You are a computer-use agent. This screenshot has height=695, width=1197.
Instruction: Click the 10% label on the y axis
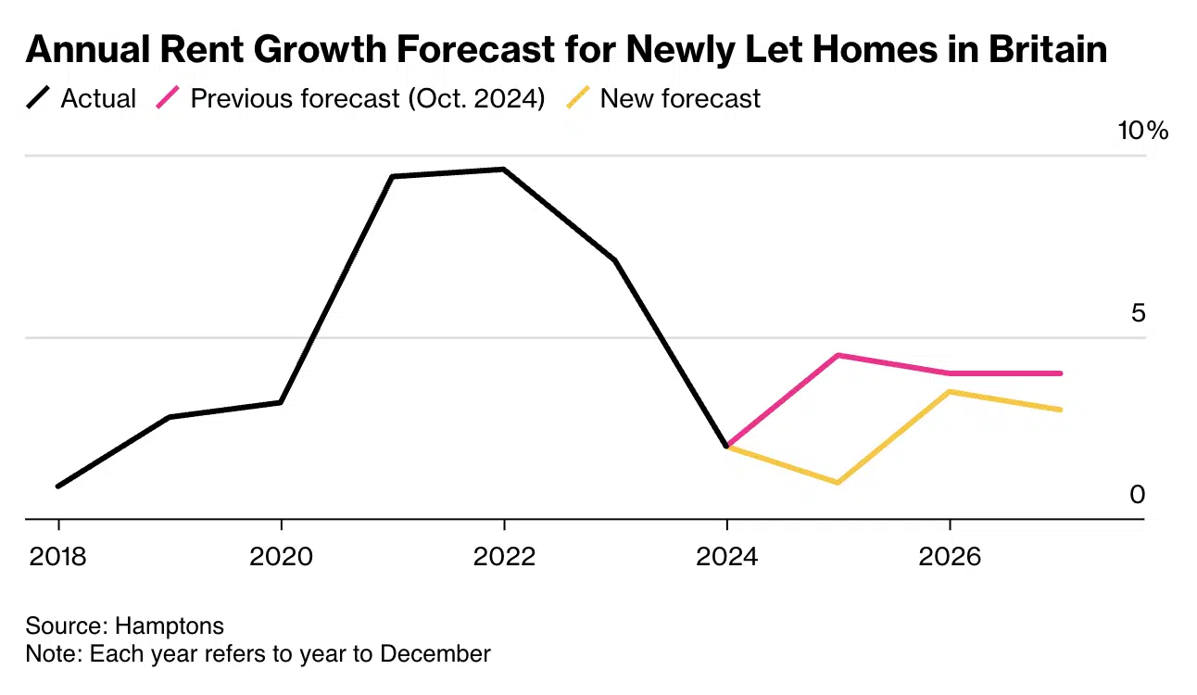pos(1142,131)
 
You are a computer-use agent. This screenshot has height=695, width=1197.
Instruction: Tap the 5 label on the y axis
pos(1138,313)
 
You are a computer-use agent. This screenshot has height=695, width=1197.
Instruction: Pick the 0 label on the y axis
pos(1137,495)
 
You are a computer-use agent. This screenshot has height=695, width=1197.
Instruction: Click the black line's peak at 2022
pos(503,170)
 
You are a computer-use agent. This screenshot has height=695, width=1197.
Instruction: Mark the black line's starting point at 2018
pos(58,486)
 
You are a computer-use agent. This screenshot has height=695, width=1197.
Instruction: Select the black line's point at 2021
pos(392,176)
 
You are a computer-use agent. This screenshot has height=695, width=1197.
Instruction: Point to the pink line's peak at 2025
pos(838,355)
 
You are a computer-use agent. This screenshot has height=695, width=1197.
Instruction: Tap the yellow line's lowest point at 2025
pos(838,483)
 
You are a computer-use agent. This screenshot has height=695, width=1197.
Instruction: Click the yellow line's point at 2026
pos(950,391)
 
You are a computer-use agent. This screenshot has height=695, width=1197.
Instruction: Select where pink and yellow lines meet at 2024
pos(727,447)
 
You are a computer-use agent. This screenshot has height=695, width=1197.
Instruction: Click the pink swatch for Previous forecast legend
pos(167,98)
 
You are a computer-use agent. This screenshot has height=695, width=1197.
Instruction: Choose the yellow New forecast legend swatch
pos(577,98)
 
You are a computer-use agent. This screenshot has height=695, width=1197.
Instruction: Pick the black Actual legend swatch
pos(38,98)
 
